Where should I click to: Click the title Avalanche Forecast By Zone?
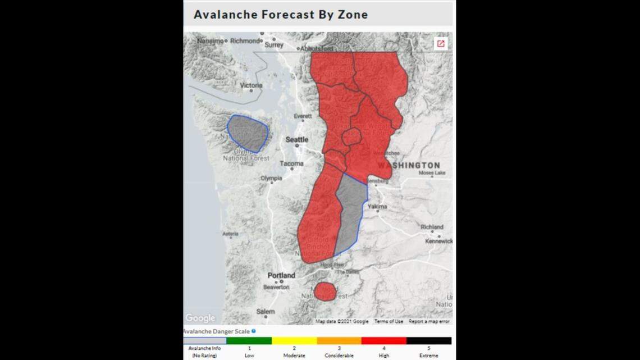[281, 15]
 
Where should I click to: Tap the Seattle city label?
[297, 139]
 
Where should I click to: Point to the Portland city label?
[281, 276]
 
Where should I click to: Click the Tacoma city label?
[291, 164]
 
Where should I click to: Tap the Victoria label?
[251, 85]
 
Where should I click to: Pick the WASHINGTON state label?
[409, 165]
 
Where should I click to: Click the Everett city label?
[303, 116]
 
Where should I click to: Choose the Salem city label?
[266, 312]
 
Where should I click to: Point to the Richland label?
[432, 227]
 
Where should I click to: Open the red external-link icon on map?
[441, 44]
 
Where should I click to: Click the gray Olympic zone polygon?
[248, 133]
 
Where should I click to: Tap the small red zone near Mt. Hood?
[325, 291]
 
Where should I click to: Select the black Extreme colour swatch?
[429, 341]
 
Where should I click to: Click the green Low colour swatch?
[249, 341]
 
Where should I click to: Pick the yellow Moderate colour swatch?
[294, 341]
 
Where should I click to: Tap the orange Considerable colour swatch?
[339, 341]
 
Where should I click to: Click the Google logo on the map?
[200, 318]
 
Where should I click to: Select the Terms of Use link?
[388, 321]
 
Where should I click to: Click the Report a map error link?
[429, 321]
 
